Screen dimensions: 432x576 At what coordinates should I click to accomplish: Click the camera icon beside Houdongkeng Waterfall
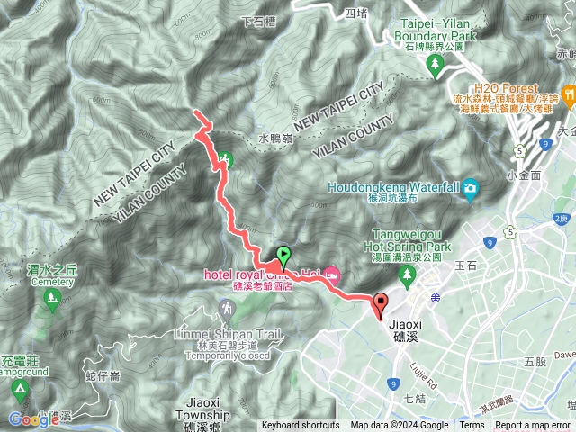point(470,188)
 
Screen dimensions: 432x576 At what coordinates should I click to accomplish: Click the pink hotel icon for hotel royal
point(332,272)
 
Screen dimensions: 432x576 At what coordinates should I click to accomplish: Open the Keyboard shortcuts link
point(301,426)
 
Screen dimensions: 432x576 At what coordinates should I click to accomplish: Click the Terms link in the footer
point(471,426)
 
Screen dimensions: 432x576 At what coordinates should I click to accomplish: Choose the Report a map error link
point(534,426)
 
